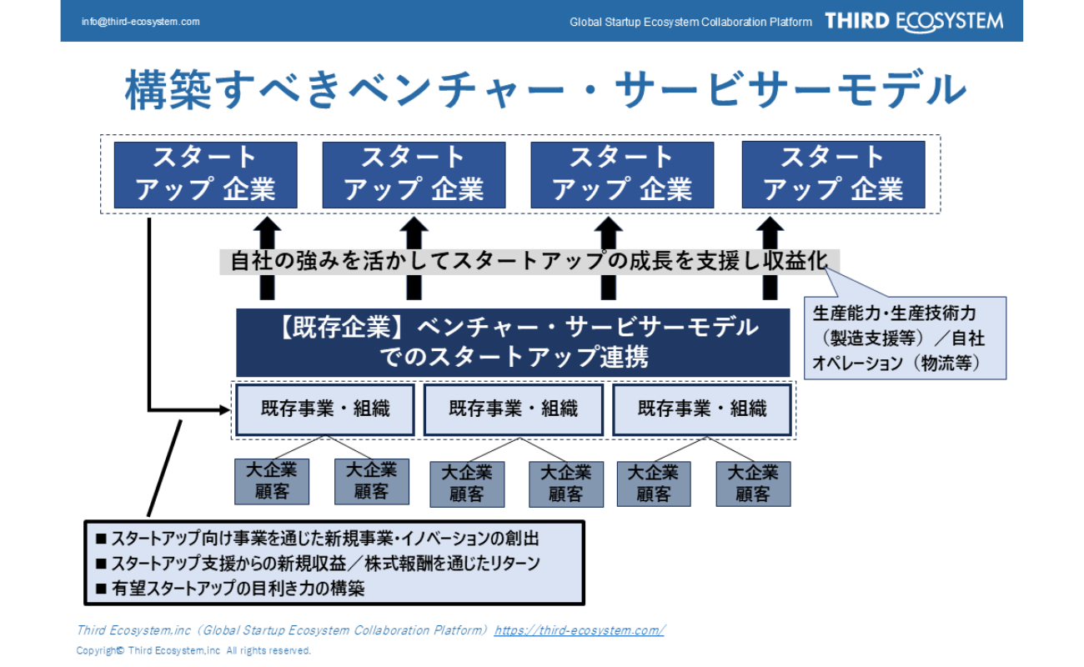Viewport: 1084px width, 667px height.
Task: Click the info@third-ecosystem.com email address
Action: tap(141, 22)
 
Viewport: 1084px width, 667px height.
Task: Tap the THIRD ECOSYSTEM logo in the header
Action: tap(914, 22)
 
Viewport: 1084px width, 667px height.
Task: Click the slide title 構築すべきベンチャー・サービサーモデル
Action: tap(545, 90)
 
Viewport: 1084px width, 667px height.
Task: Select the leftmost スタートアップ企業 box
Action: tap(205, 174)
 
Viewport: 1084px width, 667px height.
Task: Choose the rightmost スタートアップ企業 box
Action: tap(833, 174)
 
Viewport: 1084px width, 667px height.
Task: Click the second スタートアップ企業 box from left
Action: tap(414, 174)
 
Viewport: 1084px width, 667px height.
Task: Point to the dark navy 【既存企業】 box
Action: tap(513, 342)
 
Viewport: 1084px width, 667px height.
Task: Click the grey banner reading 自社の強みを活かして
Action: tap(529, 262)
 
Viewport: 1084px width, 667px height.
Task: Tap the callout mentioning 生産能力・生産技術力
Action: tap(904, 338)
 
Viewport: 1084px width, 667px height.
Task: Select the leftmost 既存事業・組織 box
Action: tap(325, 409)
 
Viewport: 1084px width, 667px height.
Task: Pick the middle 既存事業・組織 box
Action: tap(513, 409)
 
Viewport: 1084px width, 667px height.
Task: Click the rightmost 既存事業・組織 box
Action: tap(702, 409)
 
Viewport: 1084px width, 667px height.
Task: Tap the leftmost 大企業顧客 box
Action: tap(272, 481)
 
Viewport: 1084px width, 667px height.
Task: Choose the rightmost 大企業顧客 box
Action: tap(753, 484)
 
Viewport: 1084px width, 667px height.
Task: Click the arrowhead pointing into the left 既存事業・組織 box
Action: tap(223, 409)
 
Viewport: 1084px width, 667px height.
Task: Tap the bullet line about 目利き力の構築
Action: tap(238, 589)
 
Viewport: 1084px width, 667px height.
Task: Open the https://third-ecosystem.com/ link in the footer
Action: tap(579, 630)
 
